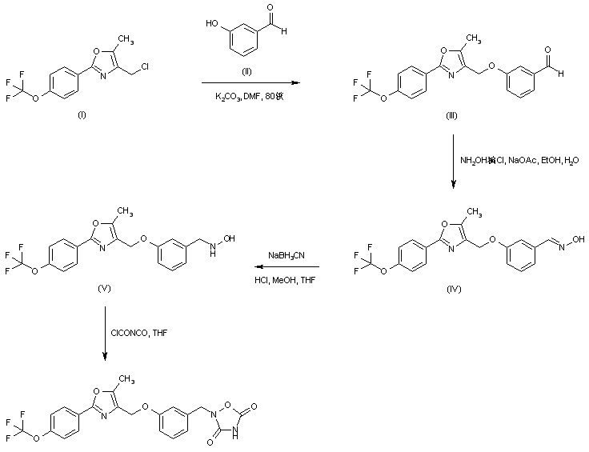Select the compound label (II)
coord(246,70)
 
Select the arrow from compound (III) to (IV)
coord(453,160)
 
